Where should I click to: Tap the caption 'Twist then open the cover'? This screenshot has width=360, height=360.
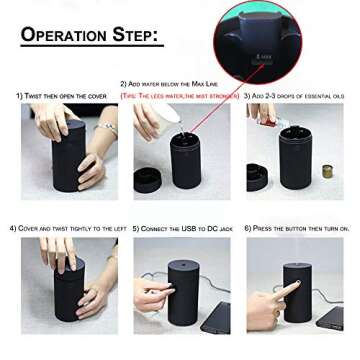click(61, 95)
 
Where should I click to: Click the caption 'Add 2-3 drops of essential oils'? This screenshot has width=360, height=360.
click(296, 95)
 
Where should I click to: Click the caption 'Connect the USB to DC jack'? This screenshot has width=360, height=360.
click(182, 229)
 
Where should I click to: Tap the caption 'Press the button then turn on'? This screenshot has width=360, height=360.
click(296, 229)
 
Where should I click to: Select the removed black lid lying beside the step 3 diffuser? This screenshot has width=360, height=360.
click(257, 176)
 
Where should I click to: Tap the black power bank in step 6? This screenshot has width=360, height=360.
click(329, 318)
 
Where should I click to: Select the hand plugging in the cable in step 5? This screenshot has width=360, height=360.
click(152, 298)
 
